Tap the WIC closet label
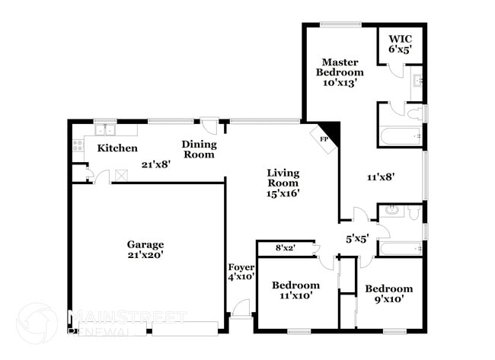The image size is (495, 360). [400, 43]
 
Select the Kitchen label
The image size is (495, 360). [117, 148]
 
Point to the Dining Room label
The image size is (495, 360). [199, 149]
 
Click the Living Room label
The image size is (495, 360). [283, 183]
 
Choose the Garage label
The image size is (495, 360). [145, 250]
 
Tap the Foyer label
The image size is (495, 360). [241, 272]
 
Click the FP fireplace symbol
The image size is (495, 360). [324, 139]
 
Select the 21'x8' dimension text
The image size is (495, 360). [156, 163]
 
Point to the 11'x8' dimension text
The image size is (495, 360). [381, 177]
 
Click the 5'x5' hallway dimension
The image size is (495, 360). [357, 238]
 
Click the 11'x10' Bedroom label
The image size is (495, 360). [295, 291]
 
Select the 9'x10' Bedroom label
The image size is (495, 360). [388, 294]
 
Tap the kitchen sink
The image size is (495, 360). [105, 129]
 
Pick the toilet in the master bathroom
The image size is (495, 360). [414, 115]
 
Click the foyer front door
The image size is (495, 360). [241, 307]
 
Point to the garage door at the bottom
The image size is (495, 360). [184, 329]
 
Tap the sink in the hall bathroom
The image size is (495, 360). [391, 210]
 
